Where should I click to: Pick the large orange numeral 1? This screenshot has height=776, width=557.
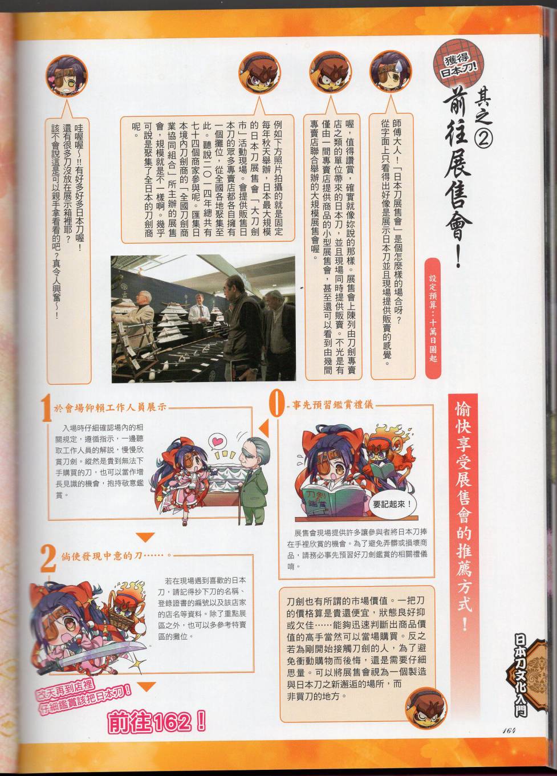[47, 410]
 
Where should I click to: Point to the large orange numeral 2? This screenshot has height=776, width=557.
[48, 558]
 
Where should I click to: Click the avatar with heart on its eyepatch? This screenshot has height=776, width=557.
[67, 76]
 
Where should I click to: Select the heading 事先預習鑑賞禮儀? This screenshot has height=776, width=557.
[332, 405]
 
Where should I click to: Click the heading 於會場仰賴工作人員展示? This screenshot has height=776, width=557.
[110, 408]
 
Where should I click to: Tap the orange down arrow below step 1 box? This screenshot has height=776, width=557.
[145, 537]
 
